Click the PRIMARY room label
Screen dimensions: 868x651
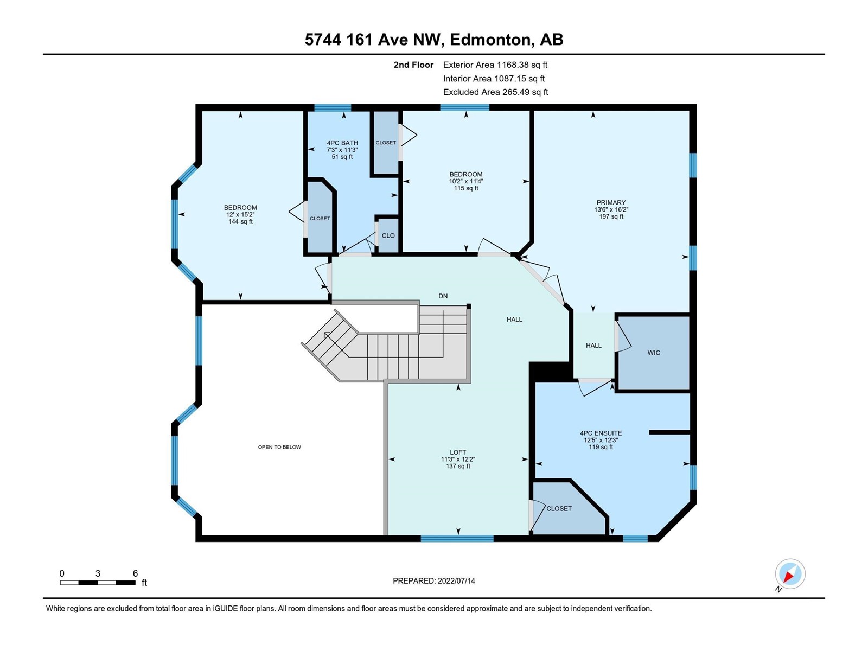pyautogui.click(x=611, y=203)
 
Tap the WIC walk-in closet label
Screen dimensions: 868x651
pyautogui.click(x=654, y=353)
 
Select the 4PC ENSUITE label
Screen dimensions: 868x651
pyautogui.click(x=601, y=433)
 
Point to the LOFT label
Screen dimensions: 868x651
pyautogui.click(x=458, y=452)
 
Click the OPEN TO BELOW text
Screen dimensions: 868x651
pyautogui.click(x=279, y=447)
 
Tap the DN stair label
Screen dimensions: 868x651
pyautogui.click(x=443, y=296)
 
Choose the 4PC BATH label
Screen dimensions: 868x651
pyautogui.click(x=342, y=143)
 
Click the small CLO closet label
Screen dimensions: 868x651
pyautogui.click(x=388, y=235)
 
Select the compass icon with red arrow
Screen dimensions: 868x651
pyautogui.click(x=790, y=574)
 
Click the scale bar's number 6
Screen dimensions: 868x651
pyautogui.click(x=135, y=573)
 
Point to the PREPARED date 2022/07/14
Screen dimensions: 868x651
pyautogui.click(x=434, y=581)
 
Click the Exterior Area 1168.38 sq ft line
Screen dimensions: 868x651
pyautogui.click(x=495, y=65)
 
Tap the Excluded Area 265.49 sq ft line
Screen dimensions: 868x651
pyautogui.click(x=495, y=92)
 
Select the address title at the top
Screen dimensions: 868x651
pyautogui.click(x=434, y=40)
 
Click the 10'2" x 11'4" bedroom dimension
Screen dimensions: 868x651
pyautogui.click(x=466, y=181)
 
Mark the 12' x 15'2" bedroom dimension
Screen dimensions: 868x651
pyautogui.click(x=240, y=215)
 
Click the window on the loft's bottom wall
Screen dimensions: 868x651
pyautogui.click(x=457, y=538)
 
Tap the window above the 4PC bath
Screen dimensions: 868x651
pyautogui.click(x=333, y=107)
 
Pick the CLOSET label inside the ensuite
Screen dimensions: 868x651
pyautogui.click(x=559, y=509)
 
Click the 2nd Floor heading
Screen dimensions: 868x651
pyautogui.click(x=413, y=65)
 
